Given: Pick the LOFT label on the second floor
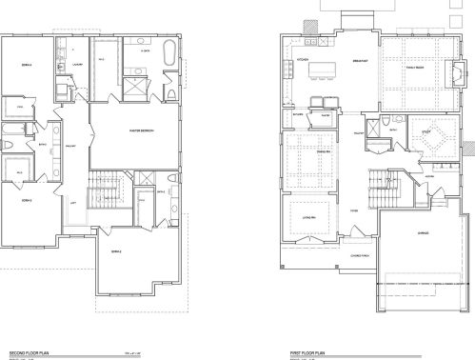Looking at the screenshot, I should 73,202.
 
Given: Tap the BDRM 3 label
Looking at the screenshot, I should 30,201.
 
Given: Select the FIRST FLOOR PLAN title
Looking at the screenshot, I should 307,351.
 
